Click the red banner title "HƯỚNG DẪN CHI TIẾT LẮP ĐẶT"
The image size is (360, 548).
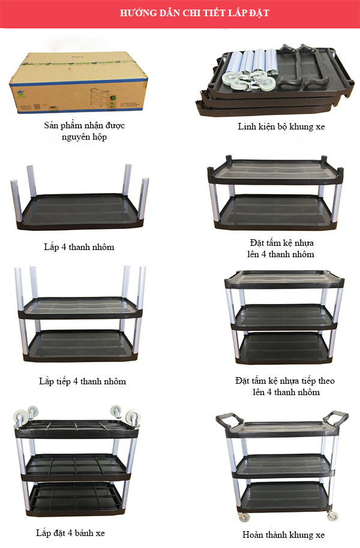click(194, 13)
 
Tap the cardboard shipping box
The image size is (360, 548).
click(79, 83)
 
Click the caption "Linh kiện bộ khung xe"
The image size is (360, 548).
click(281, 127)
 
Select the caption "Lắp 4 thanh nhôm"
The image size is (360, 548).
click(79, 247)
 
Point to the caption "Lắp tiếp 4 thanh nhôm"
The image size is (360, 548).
click(83, 381)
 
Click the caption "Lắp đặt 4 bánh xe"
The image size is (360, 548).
click(70, 533)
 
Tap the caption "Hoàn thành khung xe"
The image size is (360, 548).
click(283, 535)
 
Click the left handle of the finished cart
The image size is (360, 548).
click(229, 420)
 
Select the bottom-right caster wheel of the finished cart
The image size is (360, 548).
click(333, 516)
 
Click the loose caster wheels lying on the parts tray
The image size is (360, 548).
click(248, 81)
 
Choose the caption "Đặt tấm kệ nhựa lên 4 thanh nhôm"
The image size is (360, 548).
click(281, 248)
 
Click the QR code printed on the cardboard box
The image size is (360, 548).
click(38, 106)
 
